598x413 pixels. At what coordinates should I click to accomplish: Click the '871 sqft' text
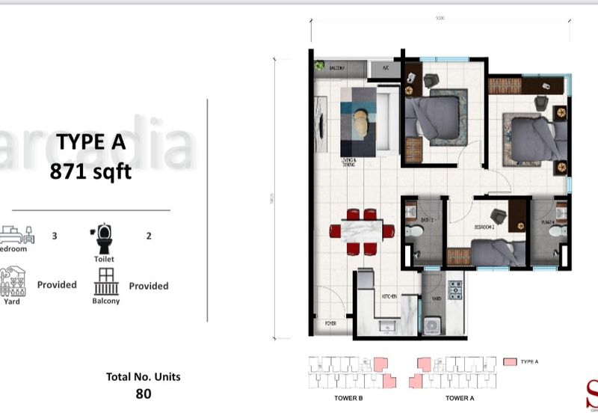[x=90, y=172]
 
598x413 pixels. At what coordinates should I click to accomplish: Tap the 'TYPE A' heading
[x=90, y=142]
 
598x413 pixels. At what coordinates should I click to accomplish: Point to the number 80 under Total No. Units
[x=143, y=394]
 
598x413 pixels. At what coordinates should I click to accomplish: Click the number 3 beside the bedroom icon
[x=55, y=236]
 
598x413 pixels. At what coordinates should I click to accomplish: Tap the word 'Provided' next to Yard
[x=58, y=285]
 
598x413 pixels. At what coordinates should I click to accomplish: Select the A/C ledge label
[x=386, y=68]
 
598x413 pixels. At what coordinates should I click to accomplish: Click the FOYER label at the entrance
[x=330, y=324]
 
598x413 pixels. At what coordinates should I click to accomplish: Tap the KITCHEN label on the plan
[x=389, y=297]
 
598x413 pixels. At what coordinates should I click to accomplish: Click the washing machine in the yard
[x=433, y=325]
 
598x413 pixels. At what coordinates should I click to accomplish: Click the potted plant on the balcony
[x=319, y=67]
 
